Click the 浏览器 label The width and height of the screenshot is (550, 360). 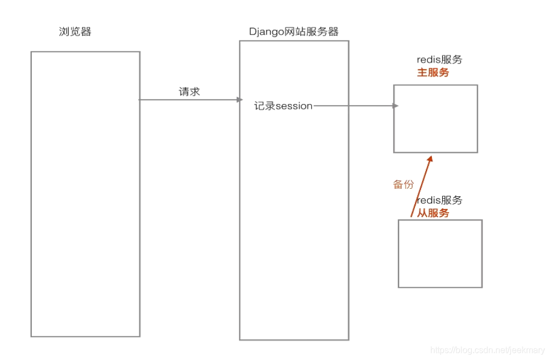[75, 32]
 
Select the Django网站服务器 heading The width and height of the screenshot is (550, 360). [294, 32]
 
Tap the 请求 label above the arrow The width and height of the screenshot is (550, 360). [190, 91]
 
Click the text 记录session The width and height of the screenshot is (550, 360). [283, 106]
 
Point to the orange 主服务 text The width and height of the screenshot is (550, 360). [433, 72]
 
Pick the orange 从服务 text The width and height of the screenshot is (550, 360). [433, 213]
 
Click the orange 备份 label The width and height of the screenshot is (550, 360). [403, 184]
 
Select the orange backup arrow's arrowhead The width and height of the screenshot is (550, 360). [430, 159]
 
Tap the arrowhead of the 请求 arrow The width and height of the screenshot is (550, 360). [239, 100]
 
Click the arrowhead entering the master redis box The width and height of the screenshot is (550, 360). [395, 106]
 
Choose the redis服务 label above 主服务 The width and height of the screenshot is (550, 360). [440, 60]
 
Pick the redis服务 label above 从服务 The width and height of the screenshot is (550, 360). [440, 200]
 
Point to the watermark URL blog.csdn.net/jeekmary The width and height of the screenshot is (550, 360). [488, 350]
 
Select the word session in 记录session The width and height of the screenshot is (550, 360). [294, 106]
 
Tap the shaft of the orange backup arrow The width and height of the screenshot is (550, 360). [420, 189]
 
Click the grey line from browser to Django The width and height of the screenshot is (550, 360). [186, 100]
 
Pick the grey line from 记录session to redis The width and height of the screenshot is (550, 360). [353, 106]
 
